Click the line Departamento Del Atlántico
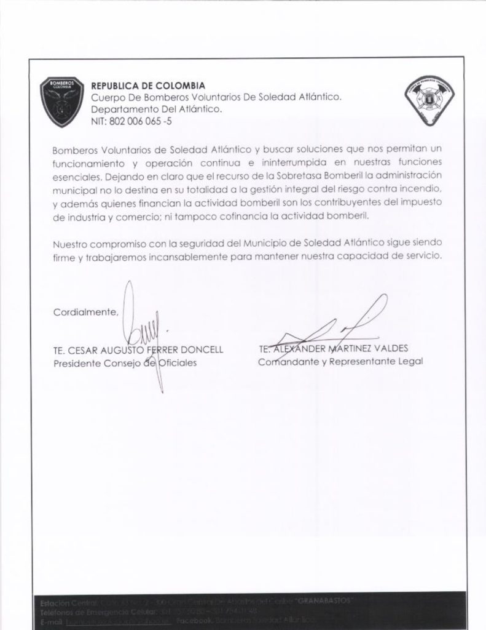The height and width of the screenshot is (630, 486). [x=156, y=109]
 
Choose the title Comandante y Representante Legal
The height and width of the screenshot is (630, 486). [x=340, y=361]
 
